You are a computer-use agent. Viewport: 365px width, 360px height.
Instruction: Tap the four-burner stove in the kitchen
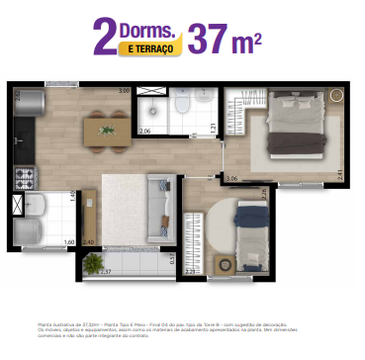pyautogui.click(x=24, y=178)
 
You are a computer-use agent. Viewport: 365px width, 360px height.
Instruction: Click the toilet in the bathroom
pyautogui.click(x=184, y=105)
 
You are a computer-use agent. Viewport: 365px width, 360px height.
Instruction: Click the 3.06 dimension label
pyautogui.click(x=230, y=177)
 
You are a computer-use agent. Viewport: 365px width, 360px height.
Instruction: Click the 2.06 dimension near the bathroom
pyautogui.click(x=144, y=131)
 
